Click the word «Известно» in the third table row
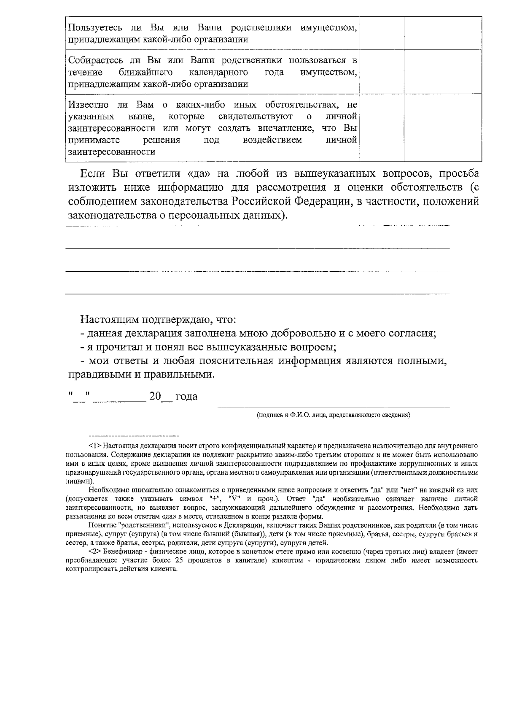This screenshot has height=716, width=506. click(88, 105)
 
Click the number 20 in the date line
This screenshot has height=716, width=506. click(155, 397)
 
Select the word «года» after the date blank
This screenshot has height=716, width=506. click(186, 397)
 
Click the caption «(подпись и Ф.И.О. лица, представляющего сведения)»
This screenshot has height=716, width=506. click(334, 415)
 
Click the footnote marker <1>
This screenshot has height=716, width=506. click(95, 446)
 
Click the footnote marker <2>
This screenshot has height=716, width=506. click(95, 551)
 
